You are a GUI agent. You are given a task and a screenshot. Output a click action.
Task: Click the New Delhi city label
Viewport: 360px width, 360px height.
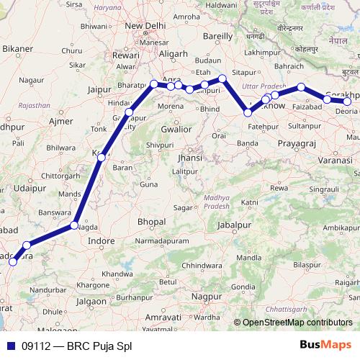coord(147,26)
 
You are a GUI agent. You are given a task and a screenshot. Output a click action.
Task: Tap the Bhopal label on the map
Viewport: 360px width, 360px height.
coord(152,222)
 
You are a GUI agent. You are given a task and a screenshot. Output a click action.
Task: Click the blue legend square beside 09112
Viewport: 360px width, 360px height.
coord(10,345)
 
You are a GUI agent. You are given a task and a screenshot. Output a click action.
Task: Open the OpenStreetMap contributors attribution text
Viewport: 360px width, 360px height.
coord(297,322)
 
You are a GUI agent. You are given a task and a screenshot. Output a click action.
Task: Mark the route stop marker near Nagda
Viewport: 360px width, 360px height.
coord(74,226)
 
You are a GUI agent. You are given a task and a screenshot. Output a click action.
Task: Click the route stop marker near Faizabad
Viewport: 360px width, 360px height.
coord(301,88)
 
